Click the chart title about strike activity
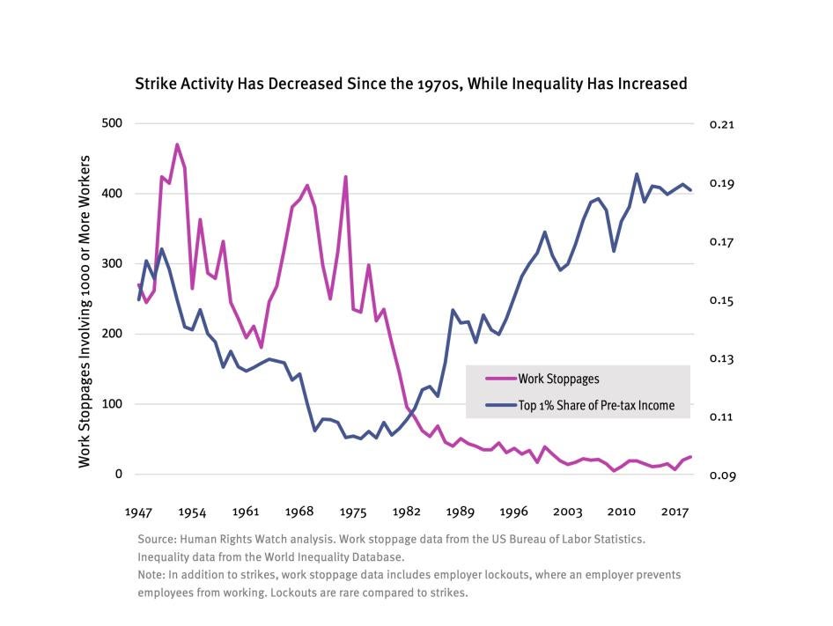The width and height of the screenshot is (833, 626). point(410,85)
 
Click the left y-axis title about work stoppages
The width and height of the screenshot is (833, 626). point(85,299)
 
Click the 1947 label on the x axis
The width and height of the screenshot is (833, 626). point(138,512)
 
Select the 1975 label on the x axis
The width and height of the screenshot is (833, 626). point(353,512)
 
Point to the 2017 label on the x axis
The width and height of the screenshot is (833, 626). point(675,512)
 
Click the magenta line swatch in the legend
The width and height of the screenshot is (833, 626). point(501,379)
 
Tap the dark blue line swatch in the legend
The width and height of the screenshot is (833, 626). point(501,405)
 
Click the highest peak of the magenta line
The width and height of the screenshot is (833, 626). point(177,144)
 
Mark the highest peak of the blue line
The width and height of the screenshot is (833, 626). point(637,174)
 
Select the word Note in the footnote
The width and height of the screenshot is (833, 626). point(151,575)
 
